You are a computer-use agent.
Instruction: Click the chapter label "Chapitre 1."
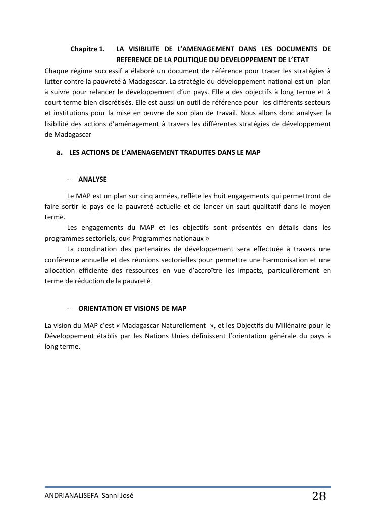tap(87, 49)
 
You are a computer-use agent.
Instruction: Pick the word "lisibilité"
tap(59, 124)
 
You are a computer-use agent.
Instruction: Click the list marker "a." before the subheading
tap(60, 152)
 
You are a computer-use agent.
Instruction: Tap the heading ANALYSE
tap(92, 179)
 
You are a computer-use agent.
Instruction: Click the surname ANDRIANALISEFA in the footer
tap(72, 496)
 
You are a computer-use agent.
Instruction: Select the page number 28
tap(319, 496)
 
